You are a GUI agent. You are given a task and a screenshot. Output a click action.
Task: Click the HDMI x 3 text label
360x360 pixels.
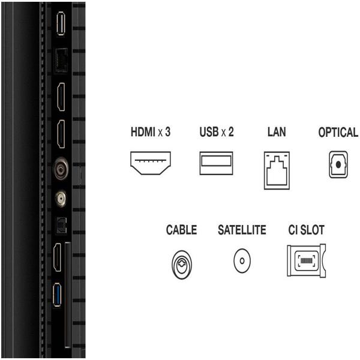(x=151, y=132)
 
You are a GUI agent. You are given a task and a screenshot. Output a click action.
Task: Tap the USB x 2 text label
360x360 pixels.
(x=217, y=132)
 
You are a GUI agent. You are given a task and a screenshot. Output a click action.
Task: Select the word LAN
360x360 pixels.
(x=277, y=132)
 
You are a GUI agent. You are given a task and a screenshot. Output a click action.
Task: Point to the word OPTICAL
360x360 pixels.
(x=338, y=132)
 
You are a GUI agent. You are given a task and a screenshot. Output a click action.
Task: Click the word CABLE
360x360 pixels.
(x=181, y=230)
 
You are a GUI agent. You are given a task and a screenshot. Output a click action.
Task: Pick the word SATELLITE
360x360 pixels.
(x=242, y=230)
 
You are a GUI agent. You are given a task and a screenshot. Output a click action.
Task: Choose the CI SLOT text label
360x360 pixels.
(x=306, y=230)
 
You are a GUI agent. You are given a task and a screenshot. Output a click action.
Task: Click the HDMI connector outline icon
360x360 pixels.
(x=151, y=163)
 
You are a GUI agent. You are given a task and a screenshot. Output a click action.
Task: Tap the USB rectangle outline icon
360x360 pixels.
(x=216, y=163)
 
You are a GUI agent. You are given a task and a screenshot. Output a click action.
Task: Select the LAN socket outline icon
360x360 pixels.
(x=277, y=170)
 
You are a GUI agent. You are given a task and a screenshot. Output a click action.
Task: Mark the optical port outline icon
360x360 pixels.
(x=338, y=164)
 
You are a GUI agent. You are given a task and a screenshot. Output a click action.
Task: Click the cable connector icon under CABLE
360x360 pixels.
(x=182, y=265)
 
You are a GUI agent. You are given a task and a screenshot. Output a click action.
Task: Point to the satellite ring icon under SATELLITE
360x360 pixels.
(x=242, y=261)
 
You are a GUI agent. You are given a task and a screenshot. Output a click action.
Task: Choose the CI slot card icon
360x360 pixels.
(x=306, y=260)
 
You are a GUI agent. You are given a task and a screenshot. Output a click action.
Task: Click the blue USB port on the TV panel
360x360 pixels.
(x=57, y=295)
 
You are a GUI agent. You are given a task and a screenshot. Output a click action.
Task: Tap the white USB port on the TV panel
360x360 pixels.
(x=61, y=23)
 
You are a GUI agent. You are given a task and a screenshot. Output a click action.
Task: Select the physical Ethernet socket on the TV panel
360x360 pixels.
(x=61, y=61)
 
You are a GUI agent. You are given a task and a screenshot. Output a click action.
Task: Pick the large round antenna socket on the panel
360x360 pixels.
(x=61, y=169)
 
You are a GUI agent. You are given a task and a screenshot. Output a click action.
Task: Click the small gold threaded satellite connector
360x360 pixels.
(x=61, y=199)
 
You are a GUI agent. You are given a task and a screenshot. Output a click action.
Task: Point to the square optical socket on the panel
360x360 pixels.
(x=61, y=226)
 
